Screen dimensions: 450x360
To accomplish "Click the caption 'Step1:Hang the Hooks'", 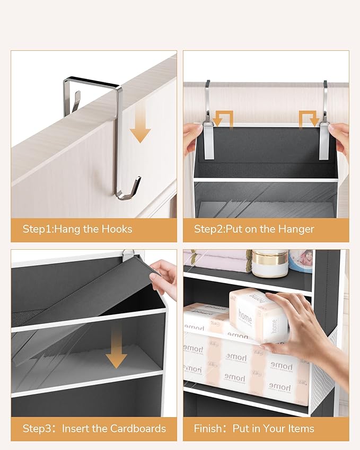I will (77, 230).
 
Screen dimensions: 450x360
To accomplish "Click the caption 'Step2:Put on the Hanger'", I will (254, 230).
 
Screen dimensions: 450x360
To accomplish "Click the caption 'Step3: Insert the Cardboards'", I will (94, 428).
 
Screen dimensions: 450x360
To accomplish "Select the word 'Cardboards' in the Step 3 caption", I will (138, 428).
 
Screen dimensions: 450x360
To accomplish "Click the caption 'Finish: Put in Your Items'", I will (254, 428).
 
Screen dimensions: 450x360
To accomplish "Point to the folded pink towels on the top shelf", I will (217, 261).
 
